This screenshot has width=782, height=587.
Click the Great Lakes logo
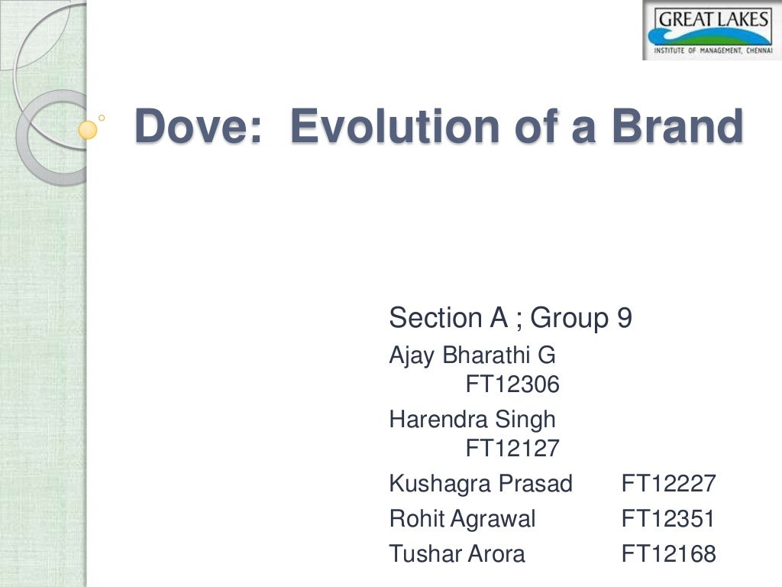pos(711,31)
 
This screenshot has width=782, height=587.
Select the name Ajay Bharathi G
pos(472,355)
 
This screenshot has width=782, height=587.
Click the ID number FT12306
pos(512,385)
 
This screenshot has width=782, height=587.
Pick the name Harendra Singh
pos(472,419)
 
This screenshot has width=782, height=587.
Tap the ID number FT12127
pos(512,449)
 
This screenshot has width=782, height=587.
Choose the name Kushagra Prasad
pos(480,484)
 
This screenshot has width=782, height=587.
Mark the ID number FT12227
pos(668,484)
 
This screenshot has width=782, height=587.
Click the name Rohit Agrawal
pos(462,519)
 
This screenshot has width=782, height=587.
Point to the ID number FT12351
pos(668,519)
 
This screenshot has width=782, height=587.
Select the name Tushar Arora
pos(457,553)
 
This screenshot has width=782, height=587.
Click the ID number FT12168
pos(668,553)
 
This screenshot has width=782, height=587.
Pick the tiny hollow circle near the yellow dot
pos(102,118)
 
